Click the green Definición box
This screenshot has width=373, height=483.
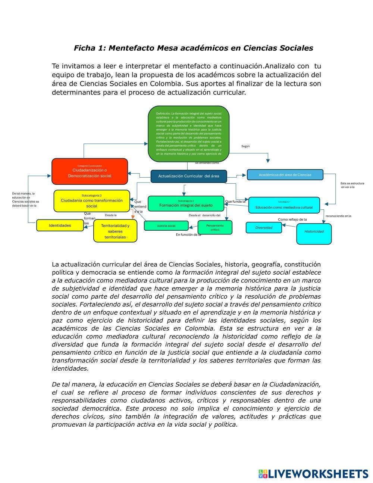click(x=188, y=133)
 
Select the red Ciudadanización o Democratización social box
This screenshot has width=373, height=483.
click(x=90, y=171)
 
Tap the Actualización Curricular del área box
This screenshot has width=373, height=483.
click(x=188, y=176)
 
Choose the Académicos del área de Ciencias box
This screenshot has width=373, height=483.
click(x=285, y=175)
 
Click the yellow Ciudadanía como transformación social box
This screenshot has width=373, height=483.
click(x=92, y=201)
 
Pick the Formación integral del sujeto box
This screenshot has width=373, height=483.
click(x=186, y=204)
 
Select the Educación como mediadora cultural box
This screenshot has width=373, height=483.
click(x=284, y=205)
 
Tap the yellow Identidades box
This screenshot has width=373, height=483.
click(x=60, y=225)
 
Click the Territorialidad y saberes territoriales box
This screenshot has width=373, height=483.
click(x=115, y=231)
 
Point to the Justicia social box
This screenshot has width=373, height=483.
click(x=166, y=226)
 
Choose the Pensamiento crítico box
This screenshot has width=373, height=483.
click(x=215, y=227)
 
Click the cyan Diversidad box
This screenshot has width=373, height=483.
click(x=264, y=228)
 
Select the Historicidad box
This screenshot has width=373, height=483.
click(x=314, y=234)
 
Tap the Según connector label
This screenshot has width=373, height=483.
click(x=245, y=146)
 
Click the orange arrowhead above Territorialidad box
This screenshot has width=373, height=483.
click(x=133, y=217)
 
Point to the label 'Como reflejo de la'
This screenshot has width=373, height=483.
click(x=292, y=219)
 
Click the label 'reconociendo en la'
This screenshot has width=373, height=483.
click(x=338, y=216)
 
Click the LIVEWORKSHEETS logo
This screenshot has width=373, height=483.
click(x=313, y=474)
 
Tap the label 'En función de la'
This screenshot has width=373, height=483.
click(x=188, y=235)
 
